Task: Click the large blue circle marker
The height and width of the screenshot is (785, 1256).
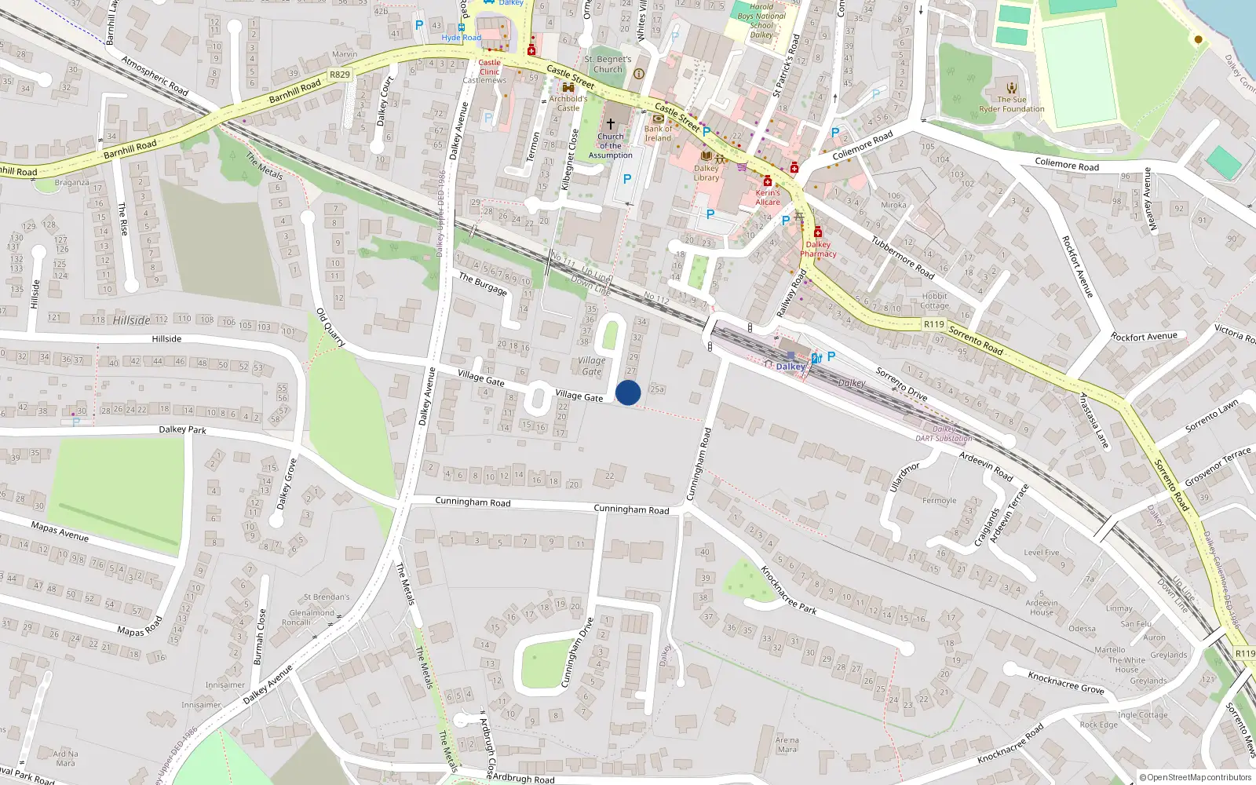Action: coord(628,392)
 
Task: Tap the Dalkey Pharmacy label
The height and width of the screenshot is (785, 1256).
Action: coord(818,249)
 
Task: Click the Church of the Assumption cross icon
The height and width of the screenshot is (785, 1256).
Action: coord(610,124)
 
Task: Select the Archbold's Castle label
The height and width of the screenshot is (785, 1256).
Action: coord(568,104)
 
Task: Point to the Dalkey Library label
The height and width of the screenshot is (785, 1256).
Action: coord(706,173)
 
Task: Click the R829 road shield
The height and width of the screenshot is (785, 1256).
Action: coord(340,75)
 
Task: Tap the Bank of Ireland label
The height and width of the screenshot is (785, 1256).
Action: coord(658,133)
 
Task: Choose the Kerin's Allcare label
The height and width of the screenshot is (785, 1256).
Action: coord(768,197)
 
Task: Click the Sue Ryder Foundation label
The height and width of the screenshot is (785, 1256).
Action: coord(1011,104)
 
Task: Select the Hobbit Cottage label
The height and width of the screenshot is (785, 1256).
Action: coord(934,301)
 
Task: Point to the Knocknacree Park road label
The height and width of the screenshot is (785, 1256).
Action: coord(788,590)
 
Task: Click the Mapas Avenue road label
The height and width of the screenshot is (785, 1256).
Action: coord(60,531)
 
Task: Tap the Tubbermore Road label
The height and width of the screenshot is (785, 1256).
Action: coord(903,257)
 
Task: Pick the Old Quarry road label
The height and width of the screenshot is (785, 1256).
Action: coord(330,327)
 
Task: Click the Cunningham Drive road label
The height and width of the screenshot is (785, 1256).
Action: coord(575,653)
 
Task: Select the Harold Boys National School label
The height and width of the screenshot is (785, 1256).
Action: coord(761,21)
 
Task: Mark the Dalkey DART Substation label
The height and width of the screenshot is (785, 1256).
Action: coord(944,434)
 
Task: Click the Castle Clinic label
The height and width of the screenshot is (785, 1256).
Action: coord(489,67)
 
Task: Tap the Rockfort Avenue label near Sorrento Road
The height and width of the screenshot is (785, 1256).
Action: coord(1144,337)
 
